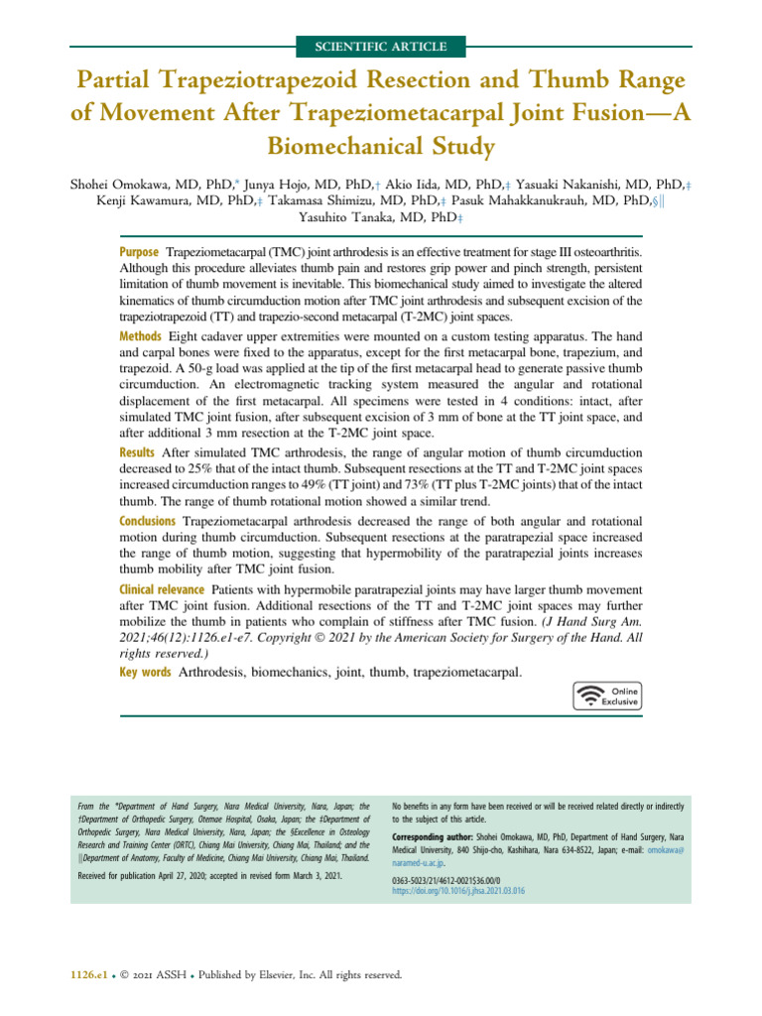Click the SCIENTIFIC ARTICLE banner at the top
381,47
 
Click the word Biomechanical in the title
381,147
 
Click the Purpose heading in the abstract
140,253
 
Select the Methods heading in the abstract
142,338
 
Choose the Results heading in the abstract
140,451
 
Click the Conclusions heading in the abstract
148,521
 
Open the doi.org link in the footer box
458,892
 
